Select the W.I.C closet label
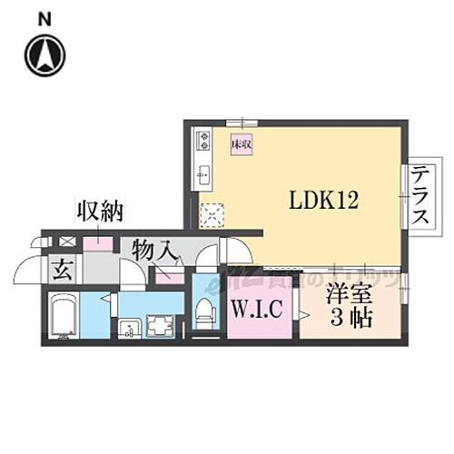(259, 311)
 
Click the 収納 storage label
(100, 213)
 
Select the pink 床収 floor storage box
(241, 144)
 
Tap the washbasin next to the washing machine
(129, 326)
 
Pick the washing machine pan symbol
(160, 325)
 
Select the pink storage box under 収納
(98, 243)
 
